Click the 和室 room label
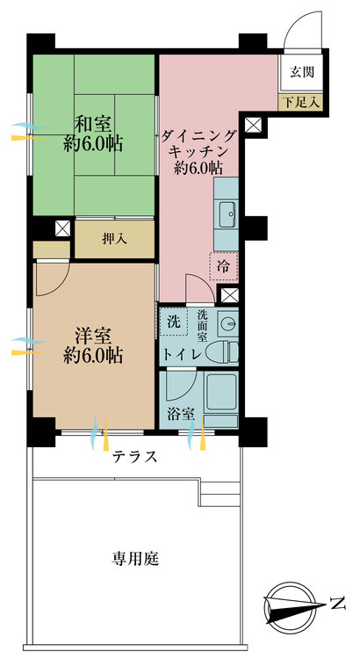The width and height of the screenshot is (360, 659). [93, 125]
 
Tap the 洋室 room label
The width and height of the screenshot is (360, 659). [93, 337]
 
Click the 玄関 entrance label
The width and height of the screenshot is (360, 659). [302, 73]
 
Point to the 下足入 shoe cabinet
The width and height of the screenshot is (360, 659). [300, 103]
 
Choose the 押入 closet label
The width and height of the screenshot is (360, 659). [114, 239]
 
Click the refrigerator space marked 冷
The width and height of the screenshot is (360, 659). [224, 266]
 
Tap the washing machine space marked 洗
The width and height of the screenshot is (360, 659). [174, 322]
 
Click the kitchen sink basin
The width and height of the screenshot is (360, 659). [227, 214]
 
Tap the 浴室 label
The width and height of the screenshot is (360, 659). [181, 415]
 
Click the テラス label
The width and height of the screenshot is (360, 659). [135, 456]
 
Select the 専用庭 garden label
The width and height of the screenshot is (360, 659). [135, 560]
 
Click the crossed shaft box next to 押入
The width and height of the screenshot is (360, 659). [63, 228]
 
